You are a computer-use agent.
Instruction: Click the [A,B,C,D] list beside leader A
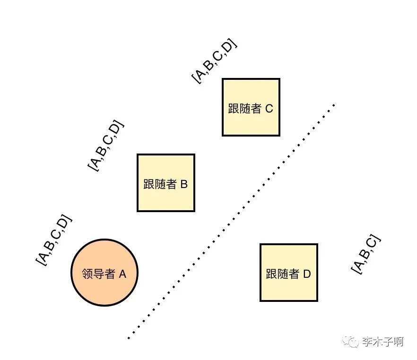tap(55, 240)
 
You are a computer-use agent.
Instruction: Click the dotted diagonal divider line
tap(232, 221)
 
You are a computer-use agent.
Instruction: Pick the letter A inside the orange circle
tap(122, 274)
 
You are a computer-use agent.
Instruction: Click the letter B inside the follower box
tap(184, 184)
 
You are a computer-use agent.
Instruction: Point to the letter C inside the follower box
tap(269, 109)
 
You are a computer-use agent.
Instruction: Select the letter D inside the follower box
tap(307, 274)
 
